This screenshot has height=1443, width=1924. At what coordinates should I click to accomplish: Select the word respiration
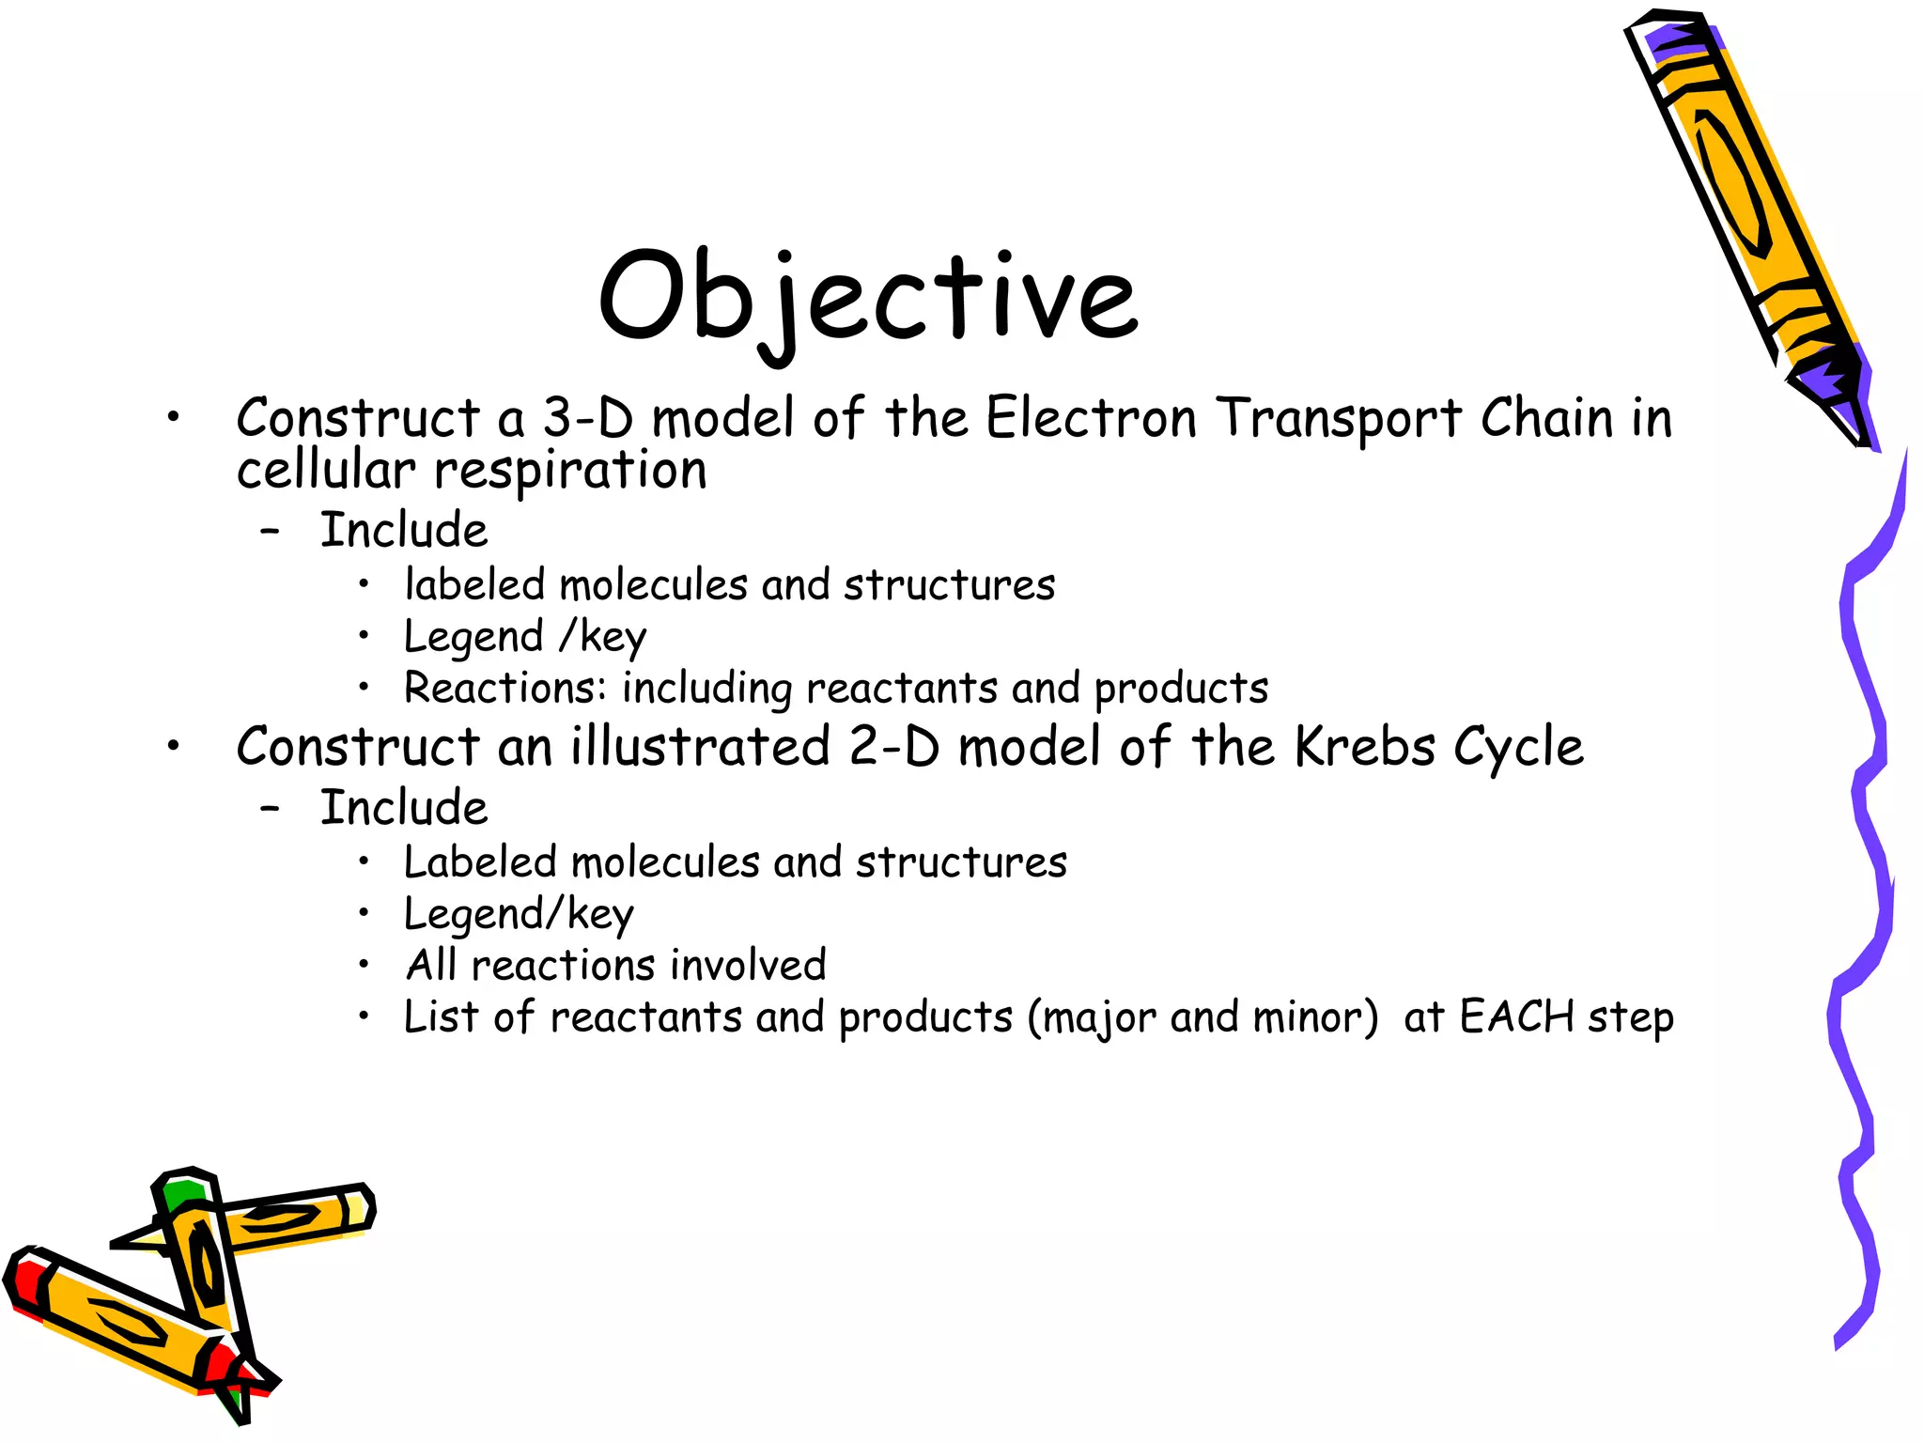[570, 470]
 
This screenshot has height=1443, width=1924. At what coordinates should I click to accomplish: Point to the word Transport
[1339, 419]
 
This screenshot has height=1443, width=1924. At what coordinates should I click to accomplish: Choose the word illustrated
[700, 747]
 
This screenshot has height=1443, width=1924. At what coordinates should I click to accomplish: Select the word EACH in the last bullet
[1517, 1016]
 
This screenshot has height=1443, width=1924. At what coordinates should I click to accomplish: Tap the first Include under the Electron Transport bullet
[404, 530]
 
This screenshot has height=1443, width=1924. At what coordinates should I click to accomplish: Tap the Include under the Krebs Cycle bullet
[404, 808]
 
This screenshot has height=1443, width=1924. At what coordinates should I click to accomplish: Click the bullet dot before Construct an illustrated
[173, 747]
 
